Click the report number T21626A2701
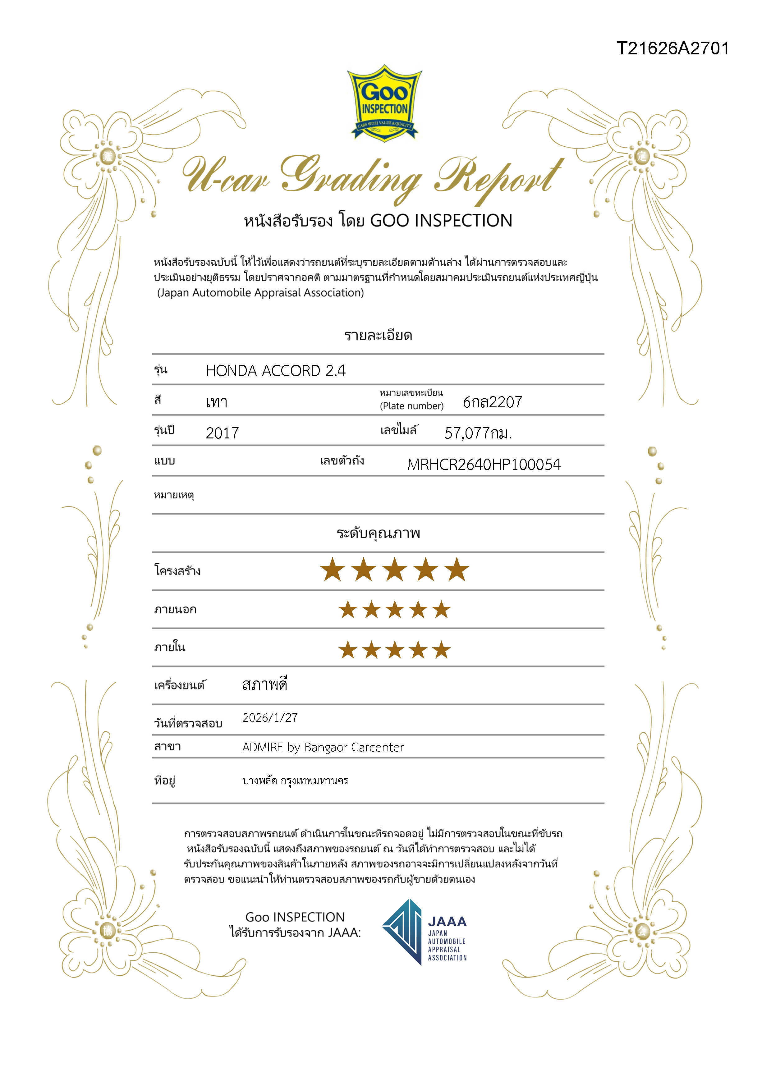(672, 48)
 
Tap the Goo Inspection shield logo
(384, 103)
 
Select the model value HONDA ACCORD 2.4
(275, 371)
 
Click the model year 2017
(222, 433)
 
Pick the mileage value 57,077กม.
(478, 433)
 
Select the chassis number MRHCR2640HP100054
(484, 464)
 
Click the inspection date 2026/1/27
(270, 717)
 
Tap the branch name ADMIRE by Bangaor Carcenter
(323, 747)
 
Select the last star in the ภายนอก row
(441, 610)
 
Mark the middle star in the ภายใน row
(395, 650)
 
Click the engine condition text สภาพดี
(264, 685)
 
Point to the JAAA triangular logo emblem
(402, 932)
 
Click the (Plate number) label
(412, 406)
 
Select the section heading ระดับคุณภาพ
(379, 533)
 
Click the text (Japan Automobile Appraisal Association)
(261, 293)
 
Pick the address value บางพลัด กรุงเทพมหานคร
(295, 781)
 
